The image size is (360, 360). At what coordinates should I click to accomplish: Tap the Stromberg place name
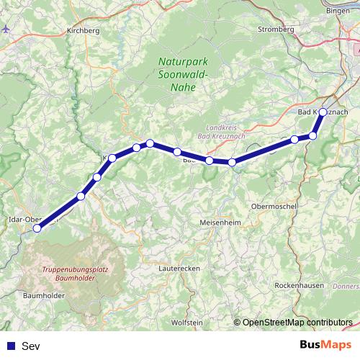click(276, 30)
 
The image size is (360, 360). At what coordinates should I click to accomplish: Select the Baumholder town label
click(45, 296)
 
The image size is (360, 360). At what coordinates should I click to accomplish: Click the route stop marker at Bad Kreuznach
click(323, 112)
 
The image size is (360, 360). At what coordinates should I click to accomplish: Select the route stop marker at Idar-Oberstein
click(37, 228)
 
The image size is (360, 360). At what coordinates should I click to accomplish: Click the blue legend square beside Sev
click(10, 346)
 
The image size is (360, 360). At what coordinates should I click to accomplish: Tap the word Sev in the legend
click(31, 346)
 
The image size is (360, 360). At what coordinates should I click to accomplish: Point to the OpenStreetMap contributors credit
click(297, 323)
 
